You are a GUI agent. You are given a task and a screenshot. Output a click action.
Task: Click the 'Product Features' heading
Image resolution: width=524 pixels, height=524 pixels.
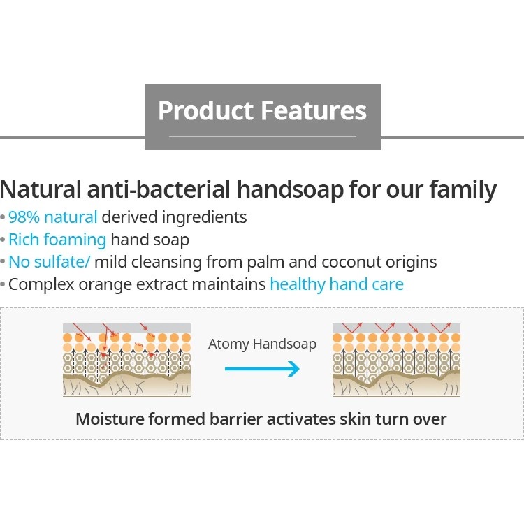coord(262,110)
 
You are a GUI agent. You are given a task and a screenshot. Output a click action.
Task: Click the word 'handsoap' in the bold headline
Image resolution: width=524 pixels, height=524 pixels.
coord(290,189)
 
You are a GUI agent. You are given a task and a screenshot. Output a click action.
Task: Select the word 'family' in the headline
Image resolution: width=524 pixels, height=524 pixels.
coord(463,190)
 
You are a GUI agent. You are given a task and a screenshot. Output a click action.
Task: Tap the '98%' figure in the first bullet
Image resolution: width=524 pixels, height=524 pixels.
coord(24,217)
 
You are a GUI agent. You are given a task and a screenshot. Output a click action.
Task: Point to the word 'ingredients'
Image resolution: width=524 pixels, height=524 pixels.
coord(204,218)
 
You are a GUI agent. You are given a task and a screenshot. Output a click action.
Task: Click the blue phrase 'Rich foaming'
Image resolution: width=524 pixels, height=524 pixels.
coord(57,240)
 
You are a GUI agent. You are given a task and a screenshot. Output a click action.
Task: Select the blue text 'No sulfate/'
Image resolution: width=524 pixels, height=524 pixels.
coord(49,262)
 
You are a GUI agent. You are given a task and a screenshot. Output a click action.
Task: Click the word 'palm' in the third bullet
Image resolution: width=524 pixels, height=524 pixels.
coord(265,263)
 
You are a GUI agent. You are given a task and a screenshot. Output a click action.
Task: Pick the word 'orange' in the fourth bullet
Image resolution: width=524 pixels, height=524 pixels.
coord(105,285)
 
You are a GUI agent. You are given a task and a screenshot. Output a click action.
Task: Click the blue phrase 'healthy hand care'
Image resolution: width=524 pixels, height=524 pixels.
coord(337,285)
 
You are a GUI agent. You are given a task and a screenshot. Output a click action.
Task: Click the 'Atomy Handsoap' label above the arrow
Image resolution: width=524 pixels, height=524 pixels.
coord(262,344)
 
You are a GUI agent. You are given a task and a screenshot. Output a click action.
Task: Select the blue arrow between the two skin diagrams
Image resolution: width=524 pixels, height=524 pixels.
coord(262,369)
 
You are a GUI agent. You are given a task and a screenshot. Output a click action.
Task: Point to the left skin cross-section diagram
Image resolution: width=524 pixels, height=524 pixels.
coord(126,360)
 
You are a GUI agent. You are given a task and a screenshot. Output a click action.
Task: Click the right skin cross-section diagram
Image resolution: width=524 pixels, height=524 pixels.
coord(396,360)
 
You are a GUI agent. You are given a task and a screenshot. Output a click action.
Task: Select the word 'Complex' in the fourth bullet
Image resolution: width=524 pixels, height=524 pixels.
coord(41,285)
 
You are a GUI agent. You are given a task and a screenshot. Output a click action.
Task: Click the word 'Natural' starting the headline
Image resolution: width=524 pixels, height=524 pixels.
coord(41,189)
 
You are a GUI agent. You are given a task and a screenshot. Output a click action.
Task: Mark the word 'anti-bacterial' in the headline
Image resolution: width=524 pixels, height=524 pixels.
coord(159,189)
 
